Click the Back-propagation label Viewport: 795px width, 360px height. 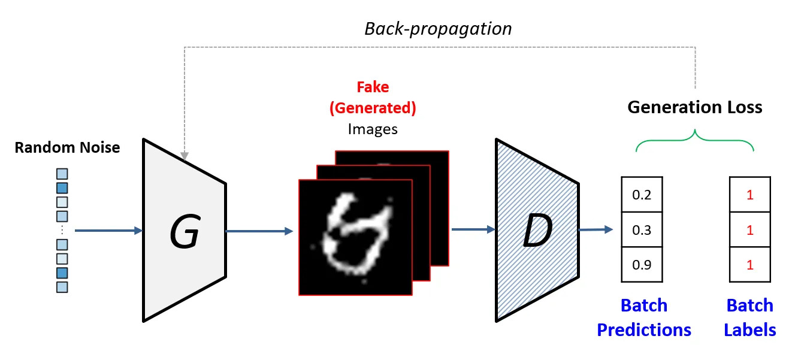[x=438, y=28]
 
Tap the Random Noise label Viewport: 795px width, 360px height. [x=67, y=147]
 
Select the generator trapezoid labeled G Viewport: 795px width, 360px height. [x=184, y=230]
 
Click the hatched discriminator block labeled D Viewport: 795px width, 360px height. [x=537, y=230]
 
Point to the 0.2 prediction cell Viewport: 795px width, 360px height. [x=642, y=195]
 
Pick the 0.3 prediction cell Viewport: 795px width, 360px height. [x=642, y=230]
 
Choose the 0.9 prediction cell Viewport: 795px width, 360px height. [x=642, y=265]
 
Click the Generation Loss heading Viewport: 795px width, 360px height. [x=694, y=107]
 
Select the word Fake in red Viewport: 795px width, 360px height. [x=373, y=87]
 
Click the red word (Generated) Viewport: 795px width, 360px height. [x=373, y=108]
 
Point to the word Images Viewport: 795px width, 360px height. [x=373, y=129]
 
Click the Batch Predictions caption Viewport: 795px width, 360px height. [x=644, y=317]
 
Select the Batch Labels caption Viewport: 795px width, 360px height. [x=749, y=317]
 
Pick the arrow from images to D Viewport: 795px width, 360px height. [x=472, y=228]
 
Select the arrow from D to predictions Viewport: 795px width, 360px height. [x=596, y=229]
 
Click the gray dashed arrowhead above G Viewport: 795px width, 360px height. [x=185, y=156]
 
